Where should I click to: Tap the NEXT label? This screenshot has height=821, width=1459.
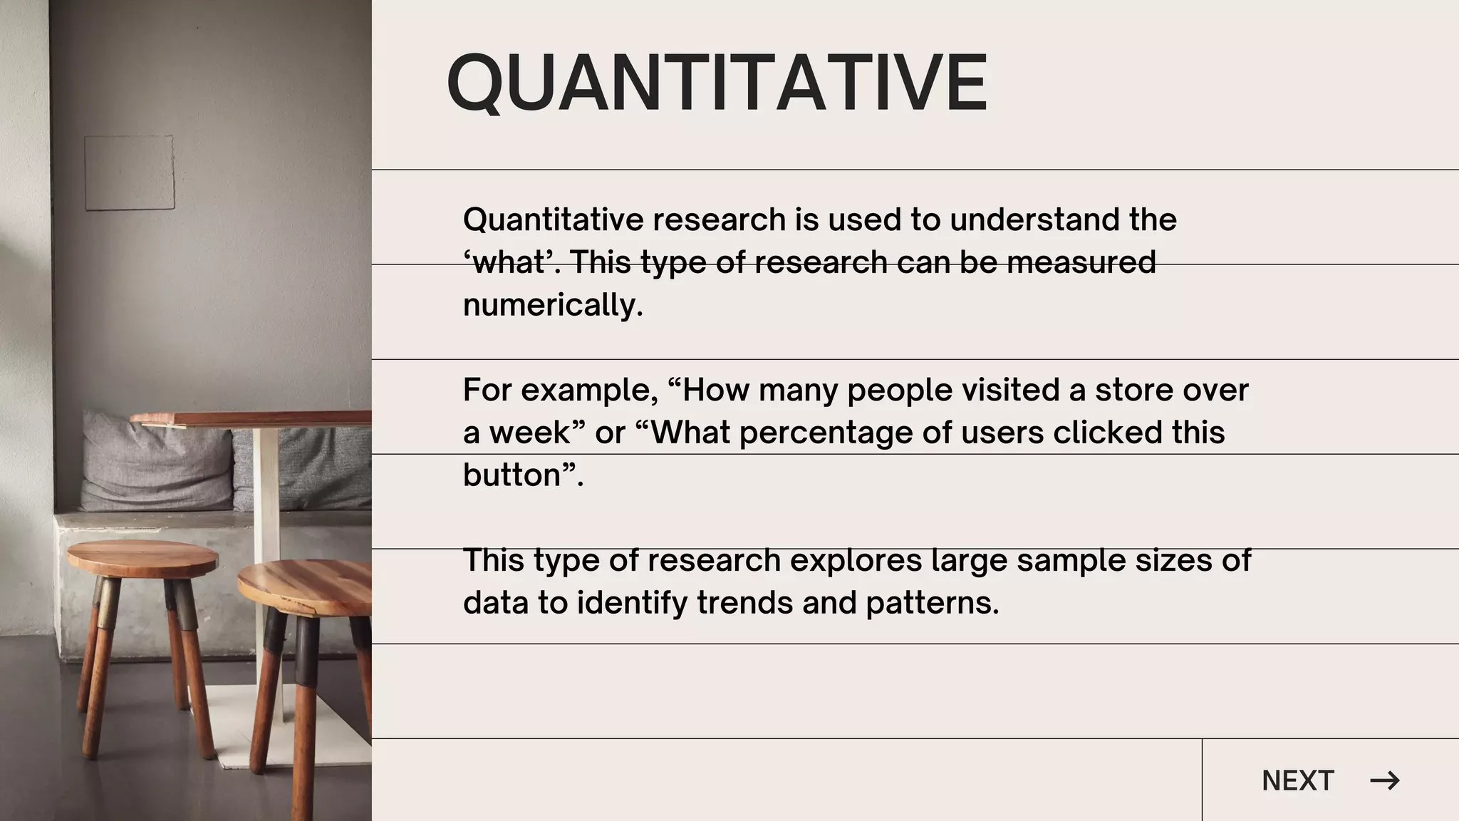click(1297, 780)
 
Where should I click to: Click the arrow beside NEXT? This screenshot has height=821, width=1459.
click(1384, 780)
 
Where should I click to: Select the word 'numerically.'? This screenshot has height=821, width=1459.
click(553, 306)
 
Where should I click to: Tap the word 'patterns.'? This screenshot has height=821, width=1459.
click(933, 603)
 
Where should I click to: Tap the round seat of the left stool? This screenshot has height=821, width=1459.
click(142, 556)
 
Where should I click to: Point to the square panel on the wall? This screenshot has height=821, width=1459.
click(129, 173)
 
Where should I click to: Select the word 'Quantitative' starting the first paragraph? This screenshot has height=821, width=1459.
click(553, 220)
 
